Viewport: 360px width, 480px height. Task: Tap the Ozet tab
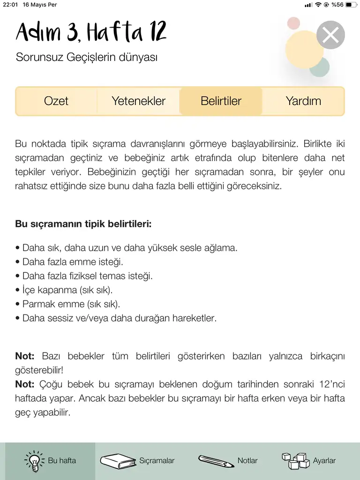pyautogui.click(x=56, y=101)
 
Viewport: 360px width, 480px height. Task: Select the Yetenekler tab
pyautogui.click(x=138, y=101)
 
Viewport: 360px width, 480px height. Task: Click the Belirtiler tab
pyautogui.click(x=221, y=101)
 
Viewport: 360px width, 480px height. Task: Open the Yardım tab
pyautogui.click(x=303, y=101)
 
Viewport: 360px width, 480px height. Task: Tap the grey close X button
pyautogui.click(x=330, y=35)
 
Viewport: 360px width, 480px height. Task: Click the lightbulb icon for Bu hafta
pyautogui.click(x=34, y=461)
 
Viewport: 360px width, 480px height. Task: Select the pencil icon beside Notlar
pyautogui.click(x=216, y=461)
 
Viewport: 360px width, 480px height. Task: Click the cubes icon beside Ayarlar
pyautogui.click(x=295, y=461)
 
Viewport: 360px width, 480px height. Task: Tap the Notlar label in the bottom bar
pyautogui.click(x=247, y=461)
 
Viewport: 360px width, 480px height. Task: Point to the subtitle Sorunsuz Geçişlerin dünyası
pyautogui.click(x=87, y=58)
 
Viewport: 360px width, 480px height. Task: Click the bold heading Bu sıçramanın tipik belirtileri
pyautogui.click(x=83, y=224)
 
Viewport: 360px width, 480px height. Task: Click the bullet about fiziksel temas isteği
pyautogui.click(x=84, y=276)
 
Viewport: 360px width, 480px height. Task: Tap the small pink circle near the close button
pyautogui.click(x=293, y=23)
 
